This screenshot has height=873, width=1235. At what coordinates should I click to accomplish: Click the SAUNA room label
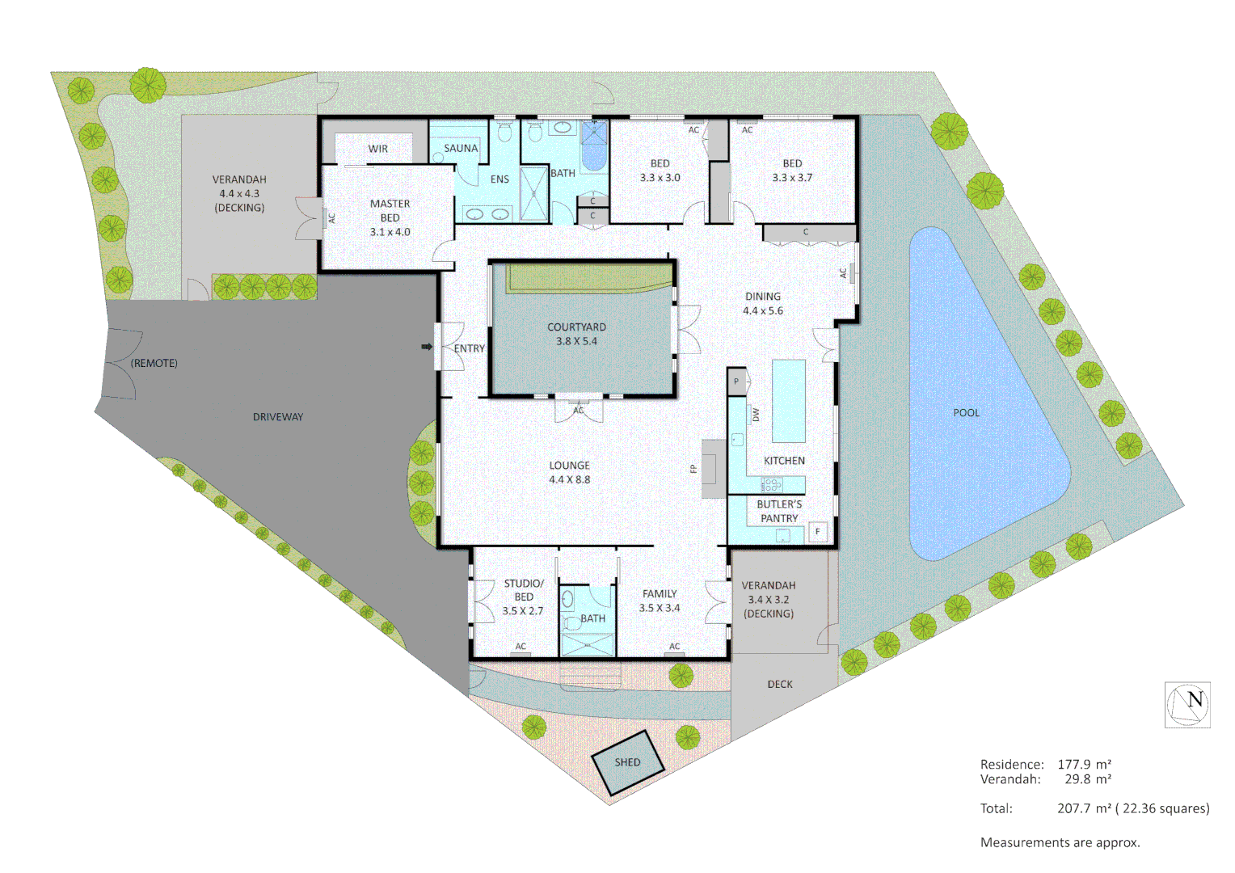click(x=461, y=149)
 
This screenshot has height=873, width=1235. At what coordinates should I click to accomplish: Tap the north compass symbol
click(x=1187, y=705)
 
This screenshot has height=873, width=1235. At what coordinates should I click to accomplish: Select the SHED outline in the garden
click(x=627, y=762)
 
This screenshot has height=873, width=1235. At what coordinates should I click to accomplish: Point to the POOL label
click(x=966, y=413)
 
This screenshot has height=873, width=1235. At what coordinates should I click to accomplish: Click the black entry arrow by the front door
click(x=427, y=348)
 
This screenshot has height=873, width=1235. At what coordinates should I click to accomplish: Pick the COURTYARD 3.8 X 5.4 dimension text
click(x=576, y=341)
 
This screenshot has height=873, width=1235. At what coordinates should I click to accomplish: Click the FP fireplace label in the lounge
click(x=693, y=468)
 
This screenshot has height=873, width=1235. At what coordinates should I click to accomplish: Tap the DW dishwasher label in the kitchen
click(x=756, y=415)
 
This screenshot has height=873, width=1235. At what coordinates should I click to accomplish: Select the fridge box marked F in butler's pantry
click(x=818, y=531)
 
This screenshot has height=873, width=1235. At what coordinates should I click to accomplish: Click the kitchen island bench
click(x=789, y=401)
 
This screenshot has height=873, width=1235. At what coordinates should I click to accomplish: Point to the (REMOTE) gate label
click(x=154, y=364)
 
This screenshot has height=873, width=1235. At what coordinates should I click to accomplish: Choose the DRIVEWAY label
click(x=278, y=417)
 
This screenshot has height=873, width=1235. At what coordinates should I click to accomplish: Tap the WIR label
click(x=378, y=149)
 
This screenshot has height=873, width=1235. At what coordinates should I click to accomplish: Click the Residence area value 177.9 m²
click(x=1084, y=764)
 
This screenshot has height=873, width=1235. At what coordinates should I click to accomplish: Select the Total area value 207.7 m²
click(x=1084, y=808)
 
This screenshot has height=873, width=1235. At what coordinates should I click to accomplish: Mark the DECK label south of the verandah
click(x=780, y=685)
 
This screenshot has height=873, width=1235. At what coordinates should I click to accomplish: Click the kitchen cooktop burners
click(x=772, y=485)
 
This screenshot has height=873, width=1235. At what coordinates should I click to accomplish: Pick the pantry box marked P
click(x=736, y=382)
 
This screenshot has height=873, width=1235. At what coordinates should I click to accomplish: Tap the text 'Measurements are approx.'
click(x=1060, y=842)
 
